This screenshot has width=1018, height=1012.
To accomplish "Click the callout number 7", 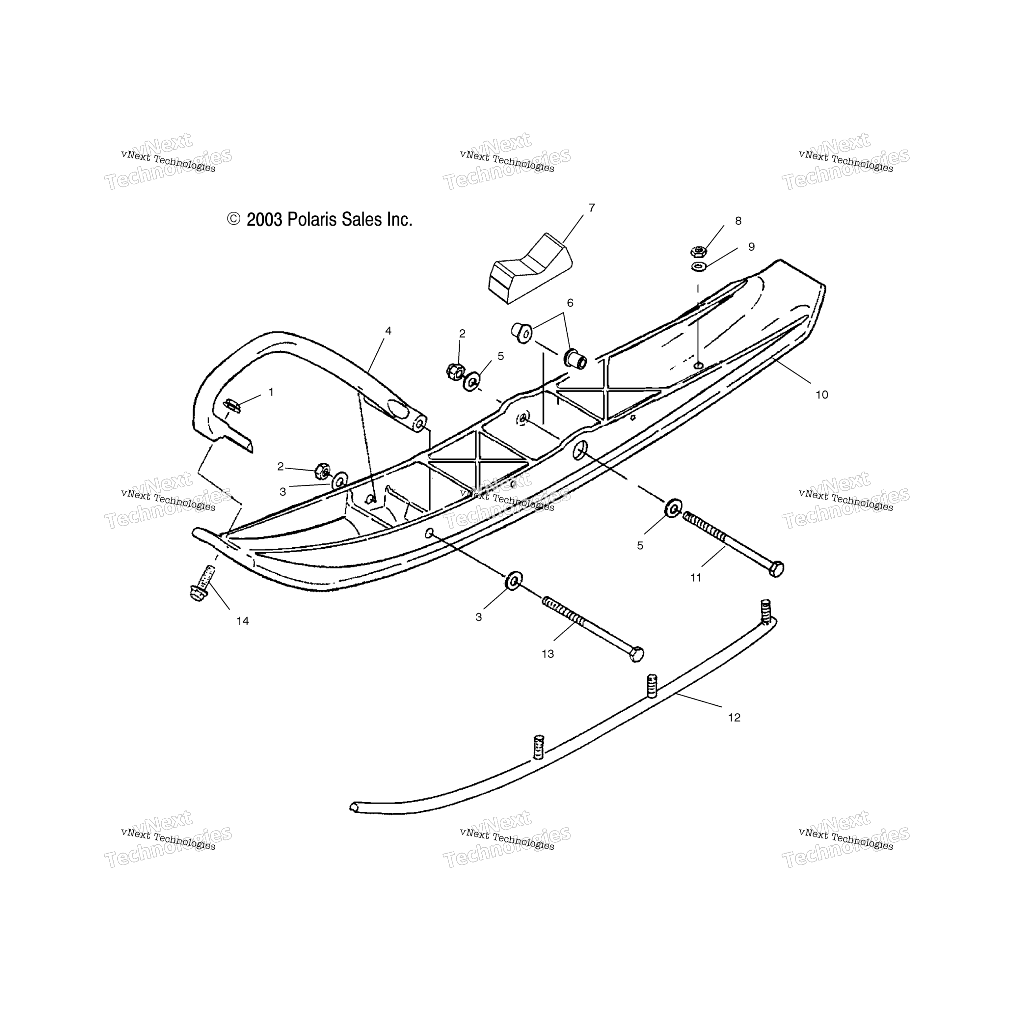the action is (592, 208).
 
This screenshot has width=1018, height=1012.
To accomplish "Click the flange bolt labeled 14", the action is (202, 584).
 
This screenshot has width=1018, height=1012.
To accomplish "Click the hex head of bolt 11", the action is (776, 569).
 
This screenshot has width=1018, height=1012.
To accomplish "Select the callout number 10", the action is (821, 395).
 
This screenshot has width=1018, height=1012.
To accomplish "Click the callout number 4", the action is (388, 331).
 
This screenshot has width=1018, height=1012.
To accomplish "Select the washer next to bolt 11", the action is (673, 507).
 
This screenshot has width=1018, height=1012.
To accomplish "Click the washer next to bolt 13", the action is (514, 580).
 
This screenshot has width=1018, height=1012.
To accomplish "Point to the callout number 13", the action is (548, 654).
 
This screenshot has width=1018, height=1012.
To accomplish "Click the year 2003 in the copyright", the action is (264, 220).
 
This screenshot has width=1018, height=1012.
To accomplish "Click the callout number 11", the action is (696, 578).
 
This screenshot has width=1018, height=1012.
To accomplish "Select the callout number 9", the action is (751, 247).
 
